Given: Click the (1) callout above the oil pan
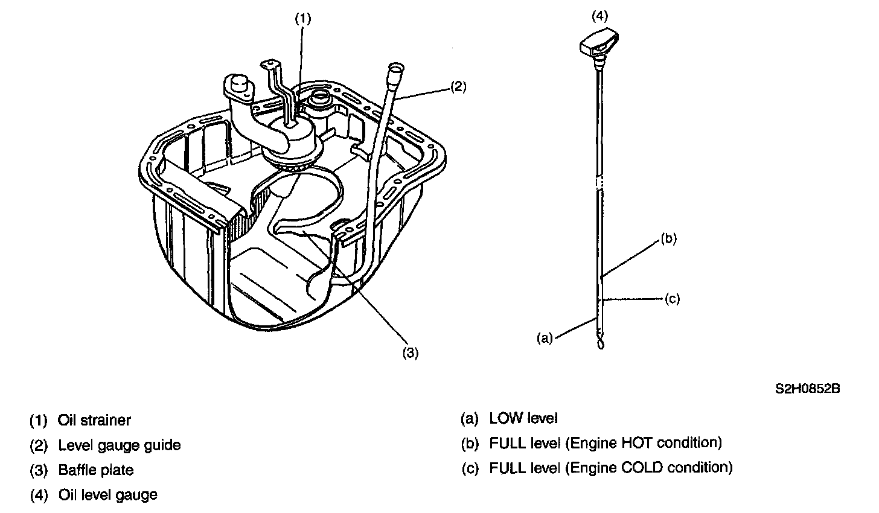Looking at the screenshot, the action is pyautogui.click(x=303, y=19).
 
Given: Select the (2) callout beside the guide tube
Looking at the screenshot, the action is pyautogui.click(x=458, y=87).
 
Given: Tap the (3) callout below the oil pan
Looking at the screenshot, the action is pyautogui.click(x=411, y=353).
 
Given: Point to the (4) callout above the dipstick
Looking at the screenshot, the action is pyautogui.click(x=599, y=16).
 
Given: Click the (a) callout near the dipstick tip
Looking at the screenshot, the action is pyautogui.click(x=545, y=338).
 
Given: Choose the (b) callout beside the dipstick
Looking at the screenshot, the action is pyautogui.click(x=669, y=238).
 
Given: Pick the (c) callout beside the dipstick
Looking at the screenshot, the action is pyautogui.click(x=672, y=299).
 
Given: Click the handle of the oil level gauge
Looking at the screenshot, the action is pyautogui.click(x=599, y=44).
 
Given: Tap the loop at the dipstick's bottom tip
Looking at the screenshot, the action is pyautogui.click(x=600, y=343).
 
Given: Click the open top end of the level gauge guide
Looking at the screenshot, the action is pyautogui.click(x=395, y=68).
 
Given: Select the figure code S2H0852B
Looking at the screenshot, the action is pyautogui.click(x=808, y=389).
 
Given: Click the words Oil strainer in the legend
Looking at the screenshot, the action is pyautogui.click(x=94, y=420).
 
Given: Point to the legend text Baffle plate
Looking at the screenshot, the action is pyautogui.click(x=96, y=470).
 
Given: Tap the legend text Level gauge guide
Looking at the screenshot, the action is pyautogui.click(x=120, y=445).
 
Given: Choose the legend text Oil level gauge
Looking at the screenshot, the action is pyautogui.click(x=108, y=495).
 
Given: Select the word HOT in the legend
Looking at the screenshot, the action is pyautogui.click(x=636, y=443).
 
